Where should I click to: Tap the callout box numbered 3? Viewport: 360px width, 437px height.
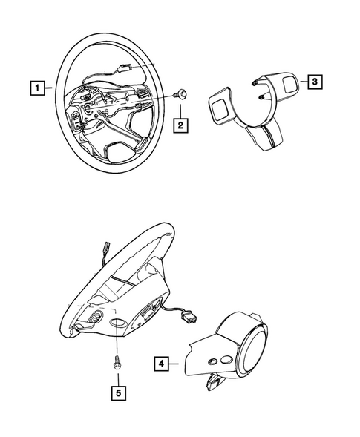(x=314, y=83)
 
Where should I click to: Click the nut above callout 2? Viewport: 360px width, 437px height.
(x=182, y=95)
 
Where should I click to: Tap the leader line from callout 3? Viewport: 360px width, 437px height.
(x=300, y=83)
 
